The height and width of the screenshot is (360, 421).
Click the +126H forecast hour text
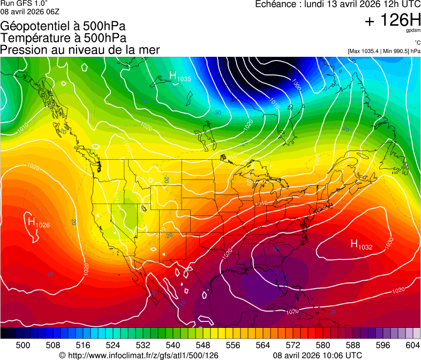coord(392,21)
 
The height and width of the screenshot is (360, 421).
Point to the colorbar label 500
coord(23,346)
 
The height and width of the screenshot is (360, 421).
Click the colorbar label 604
coord(412,346)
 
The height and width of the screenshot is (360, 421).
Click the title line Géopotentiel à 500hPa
coord(63,26)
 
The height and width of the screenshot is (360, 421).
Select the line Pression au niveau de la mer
coord(80,50)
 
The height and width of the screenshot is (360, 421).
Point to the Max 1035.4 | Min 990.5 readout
coord(384,51)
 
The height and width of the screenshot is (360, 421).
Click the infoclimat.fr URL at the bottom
coord(139,355)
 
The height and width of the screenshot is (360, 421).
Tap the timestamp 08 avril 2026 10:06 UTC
coord(317,355)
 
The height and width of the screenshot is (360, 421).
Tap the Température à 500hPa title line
coord(63,38)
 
